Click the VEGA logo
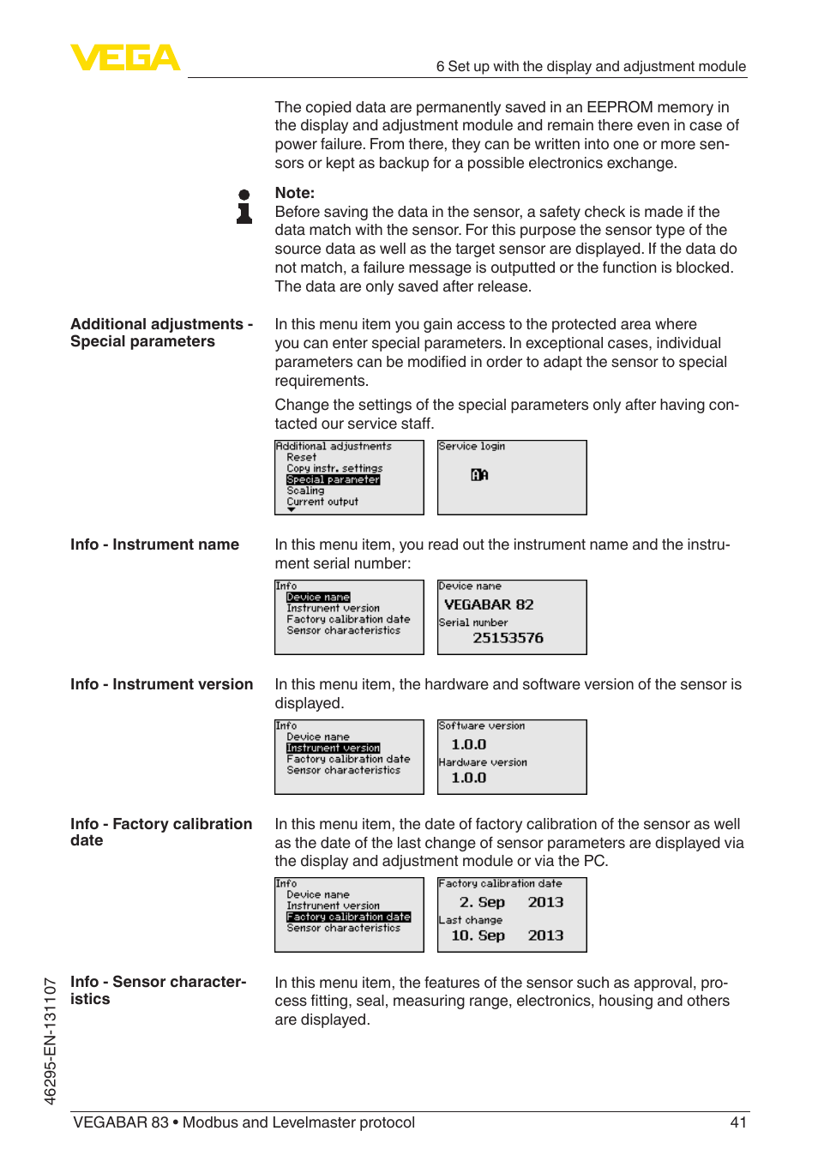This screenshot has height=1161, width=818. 125,57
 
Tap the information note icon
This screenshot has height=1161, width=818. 244,207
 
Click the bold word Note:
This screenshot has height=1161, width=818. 294,193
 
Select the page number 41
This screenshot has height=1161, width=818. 738,1122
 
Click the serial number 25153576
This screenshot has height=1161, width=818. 508,638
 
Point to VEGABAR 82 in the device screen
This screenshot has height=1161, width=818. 489,605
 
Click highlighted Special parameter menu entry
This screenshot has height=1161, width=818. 333,479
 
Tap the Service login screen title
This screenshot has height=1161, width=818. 472,447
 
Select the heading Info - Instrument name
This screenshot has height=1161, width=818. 154,544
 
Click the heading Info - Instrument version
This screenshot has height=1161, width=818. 161,684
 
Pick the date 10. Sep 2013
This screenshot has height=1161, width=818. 507,935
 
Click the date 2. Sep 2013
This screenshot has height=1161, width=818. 511,902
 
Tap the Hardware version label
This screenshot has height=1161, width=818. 483,762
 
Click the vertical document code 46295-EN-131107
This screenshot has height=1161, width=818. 50,1041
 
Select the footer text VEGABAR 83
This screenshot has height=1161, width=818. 121,1122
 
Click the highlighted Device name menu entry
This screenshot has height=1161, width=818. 318,597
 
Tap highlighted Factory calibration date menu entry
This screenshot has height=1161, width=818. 348,917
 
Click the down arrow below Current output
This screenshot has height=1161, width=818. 292,510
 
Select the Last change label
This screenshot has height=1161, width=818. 471,920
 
